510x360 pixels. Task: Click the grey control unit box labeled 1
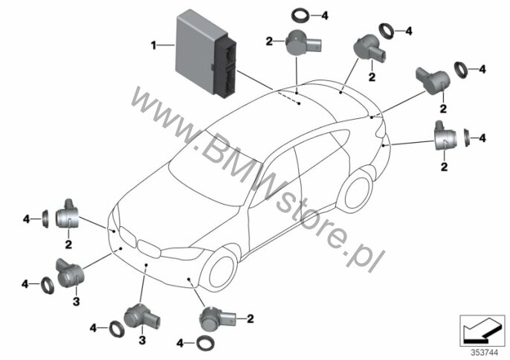click(x=205, y=51)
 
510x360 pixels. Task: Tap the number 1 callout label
click(x=153, y=45)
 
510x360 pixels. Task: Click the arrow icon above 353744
click(x=482, y=331)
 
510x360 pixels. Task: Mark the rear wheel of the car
click(x=356, y=192)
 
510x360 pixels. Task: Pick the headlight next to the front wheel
click(x=182, y=252)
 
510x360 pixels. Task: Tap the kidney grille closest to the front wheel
click(x=149, y=248)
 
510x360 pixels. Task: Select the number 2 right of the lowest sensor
click(x=250, y=318)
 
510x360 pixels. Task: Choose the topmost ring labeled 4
click(x=300, y=16)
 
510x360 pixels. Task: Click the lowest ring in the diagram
click(x=205, y=343)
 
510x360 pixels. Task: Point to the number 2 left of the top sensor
click(x=269, y=42)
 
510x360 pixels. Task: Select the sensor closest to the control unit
click(x=303, y=43)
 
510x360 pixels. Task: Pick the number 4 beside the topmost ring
click(x=325, y=16)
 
